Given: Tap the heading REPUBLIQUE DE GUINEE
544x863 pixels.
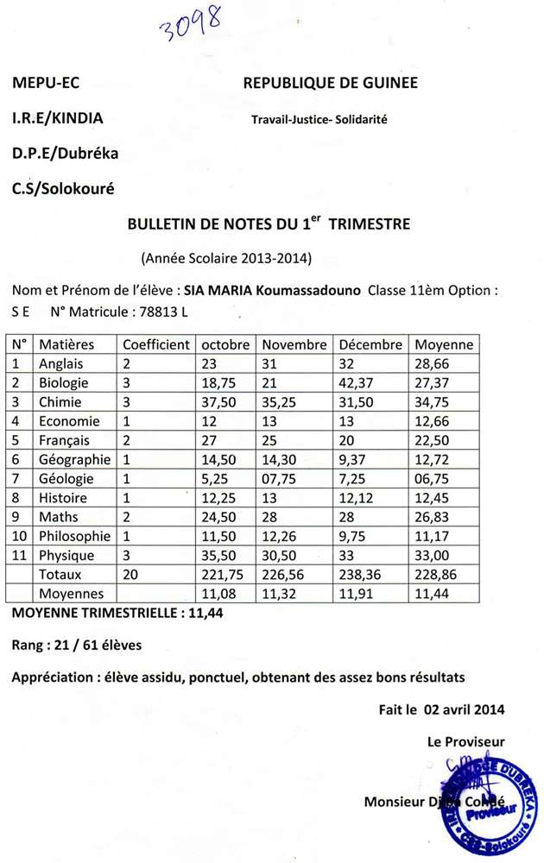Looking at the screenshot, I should [331, 83].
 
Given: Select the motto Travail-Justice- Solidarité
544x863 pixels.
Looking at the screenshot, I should [319, 120].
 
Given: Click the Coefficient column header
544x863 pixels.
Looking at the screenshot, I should [155, 344].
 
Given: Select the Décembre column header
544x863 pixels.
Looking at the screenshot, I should [370, 344].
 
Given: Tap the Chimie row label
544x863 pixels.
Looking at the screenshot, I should [60, 402].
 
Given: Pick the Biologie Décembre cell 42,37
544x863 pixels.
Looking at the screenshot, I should [357, 383].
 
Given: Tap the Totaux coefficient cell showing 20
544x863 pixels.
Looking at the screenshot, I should [130, 575].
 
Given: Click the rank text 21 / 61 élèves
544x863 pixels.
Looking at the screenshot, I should [98, 645].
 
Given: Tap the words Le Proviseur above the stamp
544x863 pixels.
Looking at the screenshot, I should [466, 741].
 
